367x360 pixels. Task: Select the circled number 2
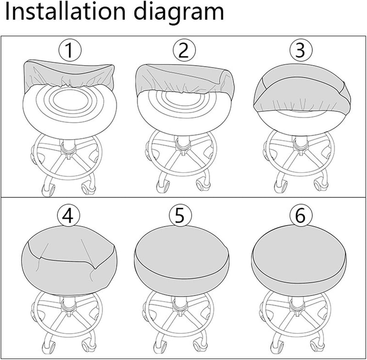coord(183,51)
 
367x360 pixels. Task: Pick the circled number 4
coord(68,216)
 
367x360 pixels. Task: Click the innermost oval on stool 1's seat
coord(69,100)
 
